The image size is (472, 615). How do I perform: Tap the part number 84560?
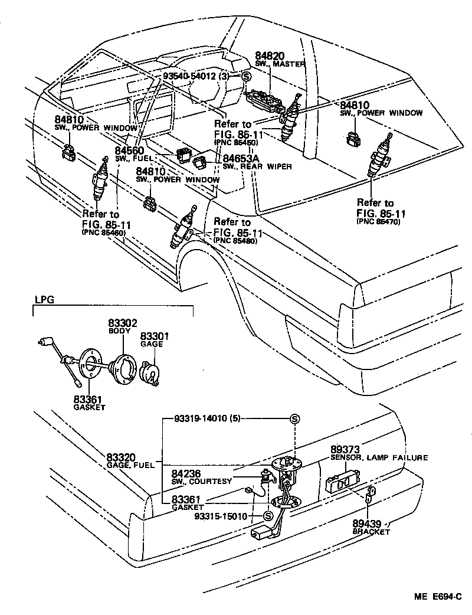click(x=130, y=151)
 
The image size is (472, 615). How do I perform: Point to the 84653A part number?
click(x=241, y=158)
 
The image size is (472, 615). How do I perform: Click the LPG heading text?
click(x=44, y=299)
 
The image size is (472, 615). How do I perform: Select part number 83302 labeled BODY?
click(x=122, y=323)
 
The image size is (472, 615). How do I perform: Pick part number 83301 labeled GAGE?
click(x=155, y=336)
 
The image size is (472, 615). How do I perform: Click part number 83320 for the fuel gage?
click(x=122, y=457)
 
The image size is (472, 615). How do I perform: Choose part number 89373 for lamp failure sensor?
click(x=346, y=449)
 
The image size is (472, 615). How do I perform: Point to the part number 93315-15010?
click(x=221, y=516)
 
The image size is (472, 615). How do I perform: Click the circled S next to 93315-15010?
click(x=267, y=516)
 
